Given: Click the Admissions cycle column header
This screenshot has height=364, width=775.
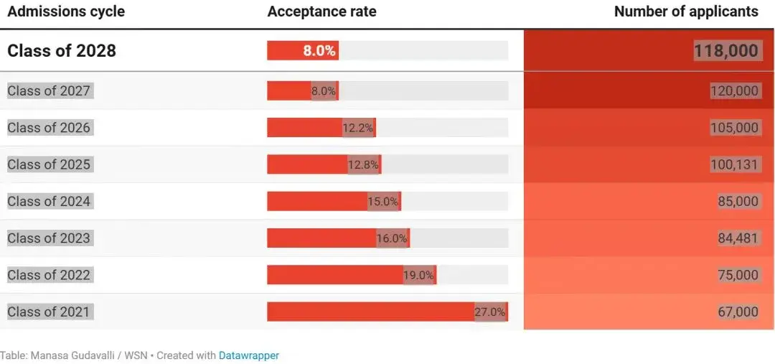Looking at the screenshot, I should [66, 11].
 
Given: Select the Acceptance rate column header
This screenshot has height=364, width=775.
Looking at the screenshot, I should [321, 11].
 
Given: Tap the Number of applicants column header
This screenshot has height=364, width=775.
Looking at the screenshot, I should [686, 11].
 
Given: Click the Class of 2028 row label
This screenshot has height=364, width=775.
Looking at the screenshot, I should [62, 51].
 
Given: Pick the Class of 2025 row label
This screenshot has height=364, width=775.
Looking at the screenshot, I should [49, 164].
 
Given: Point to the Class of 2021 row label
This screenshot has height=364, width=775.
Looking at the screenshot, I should [49, 312].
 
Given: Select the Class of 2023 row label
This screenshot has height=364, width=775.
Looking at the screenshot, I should [49, 238].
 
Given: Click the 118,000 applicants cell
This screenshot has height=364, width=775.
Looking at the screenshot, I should [726, 51].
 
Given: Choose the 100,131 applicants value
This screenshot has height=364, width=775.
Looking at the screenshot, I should [733, 164].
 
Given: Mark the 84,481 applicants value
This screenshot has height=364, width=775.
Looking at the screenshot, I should [737, 238].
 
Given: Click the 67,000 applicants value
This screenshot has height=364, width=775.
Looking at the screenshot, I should [737, 312].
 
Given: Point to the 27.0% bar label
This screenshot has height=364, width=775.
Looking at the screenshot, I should [490, 312].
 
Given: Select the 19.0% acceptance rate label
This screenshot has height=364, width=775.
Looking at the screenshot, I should [418, 275].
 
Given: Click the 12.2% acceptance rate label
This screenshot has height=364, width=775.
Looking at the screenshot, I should [357, 128].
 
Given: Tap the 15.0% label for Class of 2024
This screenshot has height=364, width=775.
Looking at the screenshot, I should [382, 202].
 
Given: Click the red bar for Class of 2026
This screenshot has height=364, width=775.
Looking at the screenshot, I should [305, 128].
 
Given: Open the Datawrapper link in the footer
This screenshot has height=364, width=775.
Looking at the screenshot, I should [248, 355].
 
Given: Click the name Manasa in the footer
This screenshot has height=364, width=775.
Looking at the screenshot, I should [49, 355].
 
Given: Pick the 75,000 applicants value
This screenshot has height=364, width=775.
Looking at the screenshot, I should [737, 275].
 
